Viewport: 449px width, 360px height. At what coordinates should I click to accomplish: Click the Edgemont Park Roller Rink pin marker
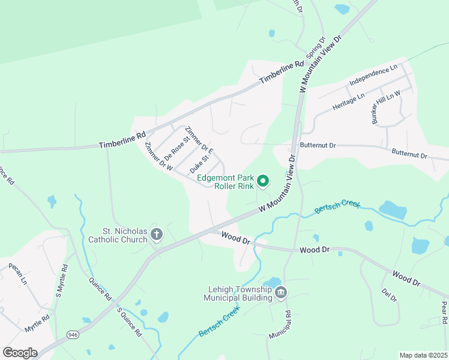click(262, 180)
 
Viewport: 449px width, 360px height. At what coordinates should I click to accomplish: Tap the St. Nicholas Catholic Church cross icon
click(157, 234)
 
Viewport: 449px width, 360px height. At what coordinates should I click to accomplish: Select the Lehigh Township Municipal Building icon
click(281, 293)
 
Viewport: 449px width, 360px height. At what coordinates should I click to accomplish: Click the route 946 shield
click(73, 334)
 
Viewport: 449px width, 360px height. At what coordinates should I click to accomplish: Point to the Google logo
click(20, 352)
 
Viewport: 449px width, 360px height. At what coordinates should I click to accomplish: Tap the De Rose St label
click(176, 146)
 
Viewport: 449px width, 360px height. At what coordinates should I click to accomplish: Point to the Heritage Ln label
click(348, 103)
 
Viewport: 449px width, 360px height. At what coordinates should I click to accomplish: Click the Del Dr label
click(390, 297)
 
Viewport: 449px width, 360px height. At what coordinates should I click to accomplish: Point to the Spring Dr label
click(315, 47)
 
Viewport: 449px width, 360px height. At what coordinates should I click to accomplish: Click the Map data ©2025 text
click(424, 355)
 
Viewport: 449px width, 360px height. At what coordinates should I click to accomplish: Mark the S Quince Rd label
click(129, 321)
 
